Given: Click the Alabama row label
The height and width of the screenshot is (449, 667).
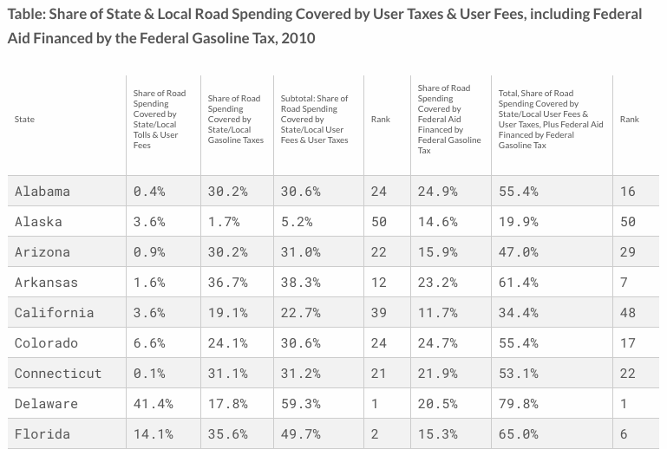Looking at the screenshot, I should point(42,191).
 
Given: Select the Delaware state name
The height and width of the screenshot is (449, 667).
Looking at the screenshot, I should point(46,403).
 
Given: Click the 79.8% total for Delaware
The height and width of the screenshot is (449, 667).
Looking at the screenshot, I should point(519,403).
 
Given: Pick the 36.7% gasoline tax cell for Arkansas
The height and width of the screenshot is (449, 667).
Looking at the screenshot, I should point(227,282).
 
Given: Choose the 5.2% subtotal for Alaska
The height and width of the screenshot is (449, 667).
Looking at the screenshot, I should point(297,221).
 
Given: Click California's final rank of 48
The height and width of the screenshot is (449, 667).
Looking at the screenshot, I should point(627,312).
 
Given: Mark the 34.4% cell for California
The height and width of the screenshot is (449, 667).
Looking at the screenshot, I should point(519,312).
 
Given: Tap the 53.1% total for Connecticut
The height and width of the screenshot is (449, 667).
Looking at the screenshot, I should point(519,373).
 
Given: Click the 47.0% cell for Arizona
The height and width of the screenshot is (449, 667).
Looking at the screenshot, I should point(519,251).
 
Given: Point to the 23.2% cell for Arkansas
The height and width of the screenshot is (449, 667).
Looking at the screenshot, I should point(437,282).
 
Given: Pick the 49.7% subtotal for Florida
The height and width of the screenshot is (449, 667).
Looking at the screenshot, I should point(300,433).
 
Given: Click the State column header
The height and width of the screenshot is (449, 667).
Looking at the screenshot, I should point(24,119).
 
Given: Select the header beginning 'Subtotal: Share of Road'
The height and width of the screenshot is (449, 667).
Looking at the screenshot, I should point(314,119).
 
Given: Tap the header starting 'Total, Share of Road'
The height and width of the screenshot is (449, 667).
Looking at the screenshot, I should point(551,119).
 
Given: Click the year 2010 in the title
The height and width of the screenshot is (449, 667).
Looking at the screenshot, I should point(294,39).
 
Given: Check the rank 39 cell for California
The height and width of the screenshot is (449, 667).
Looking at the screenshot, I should point(378,312).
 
